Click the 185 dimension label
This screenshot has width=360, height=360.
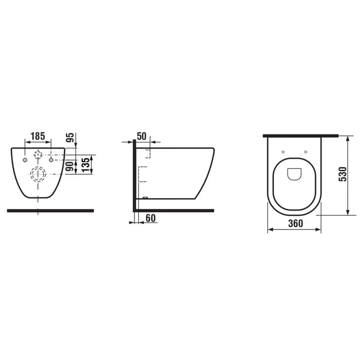pyautogui.click(x=38, y=136)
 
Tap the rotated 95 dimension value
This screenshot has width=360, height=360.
pyautogui.click(x=70, y=138)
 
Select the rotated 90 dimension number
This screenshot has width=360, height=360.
pyautogui.click(x=71, y=166)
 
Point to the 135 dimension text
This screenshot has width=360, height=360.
pyautogui.click(x=85, y=165)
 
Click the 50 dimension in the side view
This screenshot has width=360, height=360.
pyautogui.click(x=141, y=136)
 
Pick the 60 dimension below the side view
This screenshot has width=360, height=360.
pyautogui.click(x=151, y=218)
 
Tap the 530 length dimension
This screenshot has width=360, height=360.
pyautogui.click(x=342, y=174)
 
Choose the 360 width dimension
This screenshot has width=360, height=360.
pyautogui.click(x=296, y=223)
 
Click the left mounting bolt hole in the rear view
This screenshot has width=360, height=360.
pyautogui.click(x=25, y=160)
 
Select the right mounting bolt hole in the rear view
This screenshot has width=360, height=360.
pyautogui.click(x=51, y=160)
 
